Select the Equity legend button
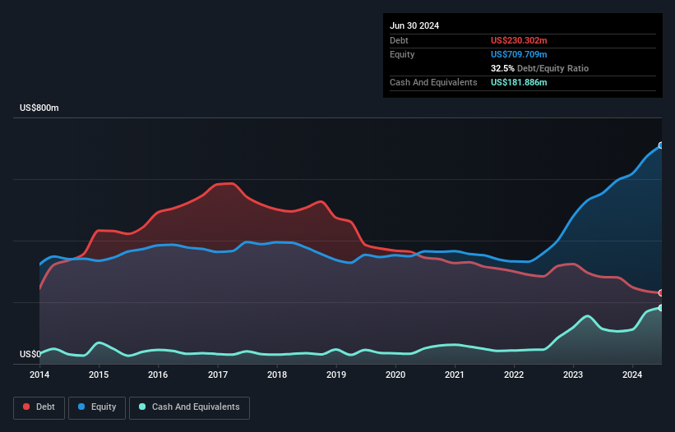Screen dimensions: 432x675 click(x=97, y=407)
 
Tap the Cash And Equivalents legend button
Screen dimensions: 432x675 click(x=189, y=407)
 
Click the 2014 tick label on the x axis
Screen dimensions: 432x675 click(x=39, y=375)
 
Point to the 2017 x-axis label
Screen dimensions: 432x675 click(x=218, y=375)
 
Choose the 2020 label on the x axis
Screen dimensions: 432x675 click(x=395, y=375)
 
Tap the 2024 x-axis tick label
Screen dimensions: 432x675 click(x=633, y=375)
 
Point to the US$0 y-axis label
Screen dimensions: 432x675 click(x=30, y=355)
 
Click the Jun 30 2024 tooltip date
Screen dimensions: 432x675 click(x=414, y=25)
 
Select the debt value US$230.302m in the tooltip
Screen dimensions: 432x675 click(x=520, y=40)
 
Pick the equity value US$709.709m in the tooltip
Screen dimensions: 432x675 click(x=520, y=54)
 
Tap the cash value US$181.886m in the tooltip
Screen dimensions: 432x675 click(x=520, y=82)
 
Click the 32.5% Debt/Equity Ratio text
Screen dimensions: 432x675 click(x=539, y=68)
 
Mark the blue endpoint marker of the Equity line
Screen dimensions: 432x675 click(x=660, y=145)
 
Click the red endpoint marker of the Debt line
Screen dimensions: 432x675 click(x=660, y=293)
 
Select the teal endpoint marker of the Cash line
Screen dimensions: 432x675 click(x=660, y=308)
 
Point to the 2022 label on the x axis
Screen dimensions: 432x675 click(x=514, y=375)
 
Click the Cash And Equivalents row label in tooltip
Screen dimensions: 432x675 click(x=433, y=82)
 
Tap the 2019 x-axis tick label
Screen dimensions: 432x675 click(x=336, y=375)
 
